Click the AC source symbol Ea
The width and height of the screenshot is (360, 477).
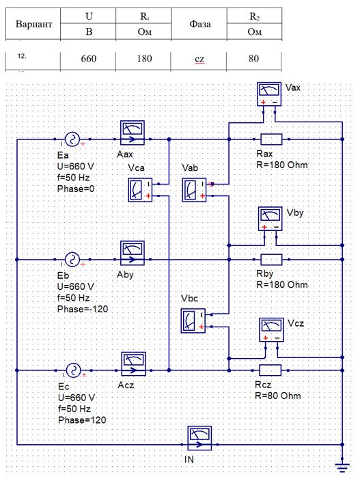point(72,139)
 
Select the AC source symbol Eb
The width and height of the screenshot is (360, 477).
point(72,260)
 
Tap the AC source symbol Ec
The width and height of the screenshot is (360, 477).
point(74,370)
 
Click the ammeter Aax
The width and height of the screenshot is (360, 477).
point(133,133)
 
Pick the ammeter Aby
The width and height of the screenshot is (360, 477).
point(133,253)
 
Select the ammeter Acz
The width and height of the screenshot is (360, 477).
point(133,364)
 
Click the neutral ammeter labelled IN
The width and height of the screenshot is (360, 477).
point(199,438)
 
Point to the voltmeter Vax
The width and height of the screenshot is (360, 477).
point(269,94)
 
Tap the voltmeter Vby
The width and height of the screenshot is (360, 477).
point(271,219)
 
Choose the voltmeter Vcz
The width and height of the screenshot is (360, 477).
point(271,330)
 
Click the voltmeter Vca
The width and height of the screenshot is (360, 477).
point(140,190)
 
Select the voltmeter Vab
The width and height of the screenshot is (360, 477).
point(194,190)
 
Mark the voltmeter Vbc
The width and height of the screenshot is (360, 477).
point(193,321)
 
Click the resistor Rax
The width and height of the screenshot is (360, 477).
point(271,139)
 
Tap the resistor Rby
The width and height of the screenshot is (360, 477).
point(271,260)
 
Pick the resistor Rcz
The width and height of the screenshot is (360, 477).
point(270,370)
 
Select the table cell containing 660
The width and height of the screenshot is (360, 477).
point(88,59)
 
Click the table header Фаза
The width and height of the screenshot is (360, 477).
point(199,24)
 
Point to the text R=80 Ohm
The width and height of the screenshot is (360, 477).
point(278,396)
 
